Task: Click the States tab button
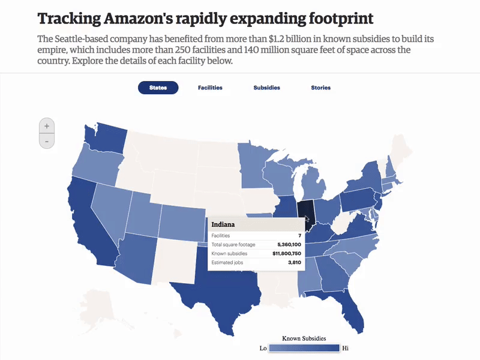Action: coord(158,88)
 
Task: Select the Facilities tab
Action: coord(210,88)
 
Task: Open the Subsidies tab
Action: coord(266,88)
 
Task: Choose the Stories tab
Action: coord(320,88)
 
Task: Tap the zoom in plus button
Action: coord(47,126)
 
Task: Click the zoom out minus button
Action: coord(47,141)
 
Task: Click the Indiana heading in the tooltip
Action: coord(223,225)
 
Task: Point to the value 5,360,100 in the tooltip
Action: coord(289,245)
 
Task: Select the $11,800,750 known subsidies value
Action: coord(286,254)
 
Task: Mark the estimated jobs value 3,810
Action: coord(294,263)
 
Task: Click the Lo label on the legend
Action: coord(263,348)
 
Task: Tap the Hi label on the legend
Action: coord(345,348)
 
